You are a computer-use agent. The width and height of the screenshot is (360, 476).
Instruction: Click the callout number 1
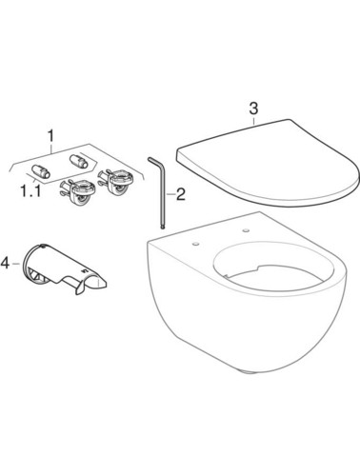point(50,136)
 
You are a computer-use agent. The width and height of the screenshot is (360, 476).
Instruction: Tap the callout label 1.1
point(30,191)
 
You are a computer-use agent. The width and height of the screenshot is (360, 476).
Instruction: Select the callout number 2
point(181,194)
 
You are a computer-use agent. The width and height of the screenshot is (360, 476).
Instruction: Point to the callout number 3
point(253,109)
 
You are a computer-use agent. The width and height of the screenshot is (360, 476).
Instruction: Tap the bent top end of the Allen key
point(153,160)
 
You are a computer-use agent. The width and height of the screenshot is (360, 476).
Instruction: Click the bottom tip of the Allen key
point(164,227)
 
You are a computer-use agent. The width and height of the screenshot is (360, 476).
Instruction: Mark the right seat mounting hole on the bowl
point(246,229)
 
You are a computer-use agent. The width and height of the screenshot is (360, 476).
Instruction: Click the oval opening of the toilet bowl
point(273,268)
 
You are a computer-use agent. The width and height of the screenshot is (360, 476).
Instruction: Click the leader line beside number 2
point(171,194)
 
